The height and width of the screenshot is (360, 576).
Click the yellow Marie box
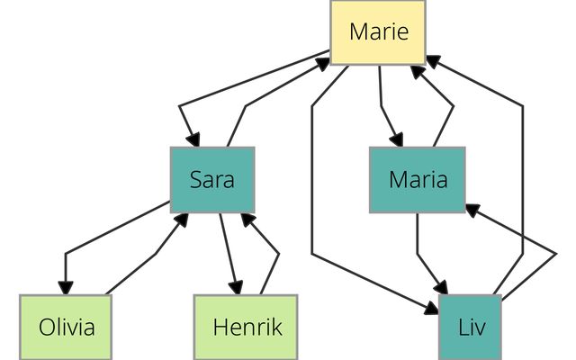coord(378,32)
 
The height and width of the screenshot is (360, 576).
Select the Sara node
coord(212,179)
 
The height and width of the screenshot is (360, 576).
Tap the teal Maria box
coord(418,179)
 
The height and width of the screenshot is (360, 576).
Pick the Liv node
coord(470,326)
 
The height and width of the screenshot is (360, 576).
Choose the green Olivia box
coord(67,326)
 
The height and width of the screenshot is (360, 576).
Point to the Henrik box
coord(247,326)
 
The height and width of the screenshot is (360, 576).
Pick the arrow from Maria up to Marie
coord(447,108)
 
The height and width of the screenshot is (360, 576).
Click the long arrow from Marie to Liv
coord(312,180)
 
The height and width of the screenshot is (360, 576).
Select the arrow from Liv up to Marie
coord(522,180)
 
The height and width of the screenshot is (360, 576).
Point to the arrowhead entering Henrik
coord(237,287)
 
